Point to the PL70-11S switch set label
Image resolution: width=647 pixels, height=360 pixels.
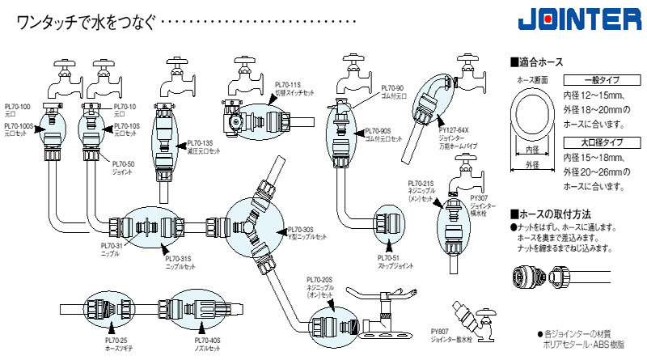[x=287, y=84]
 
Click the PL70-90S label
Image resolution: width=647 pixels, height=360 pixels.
[x=378, y=129]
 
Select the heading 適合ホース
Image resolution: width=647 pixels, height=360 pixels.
[x=548, y=61]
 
